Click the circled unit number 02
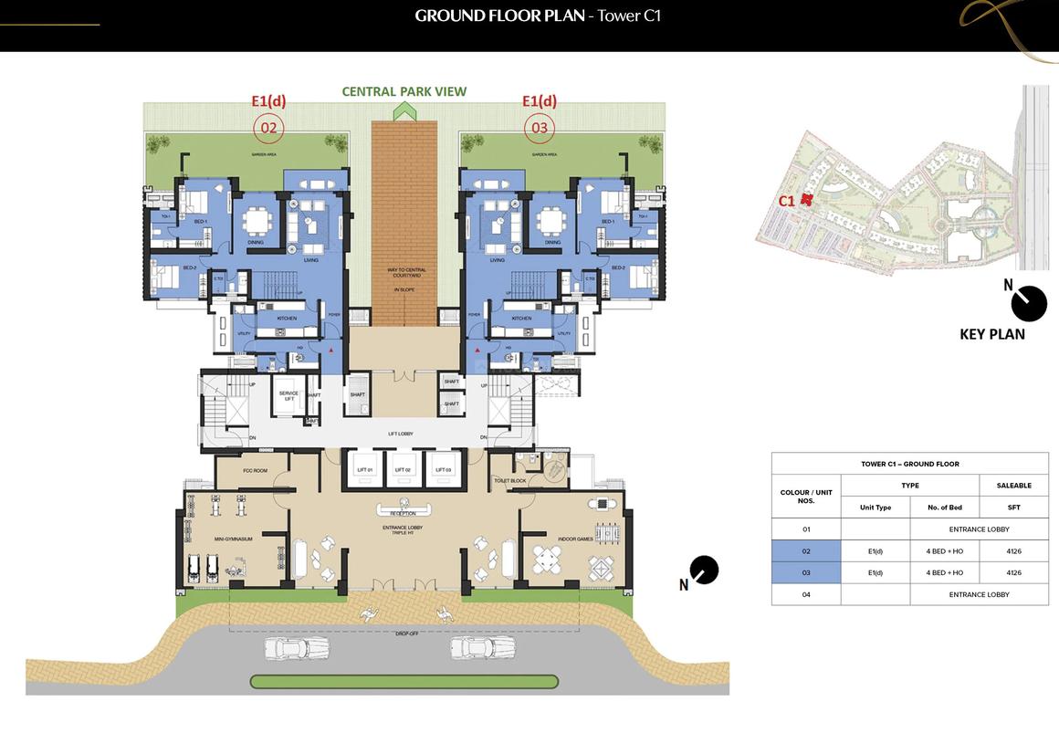tap(268, 128)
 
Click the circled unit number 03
tap(540, 128)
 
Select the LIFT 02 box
tap(402, 469)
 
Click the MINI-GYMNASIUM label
tap(234, 539)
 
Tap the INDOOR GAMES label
tap(572, 539)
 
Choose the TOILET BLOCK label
tap(509, 479)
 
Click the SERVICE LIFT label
tap(289, 396)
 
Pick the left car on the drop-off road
tap(296, 649)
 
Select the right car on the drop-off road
tap(483, 649)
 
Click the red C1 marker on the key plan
tap(805, 201)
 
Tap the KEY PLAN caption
tap(991, 334)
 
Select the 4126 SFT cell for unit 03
tap(1013, 572)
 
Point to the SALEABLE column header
tap(1013, 486)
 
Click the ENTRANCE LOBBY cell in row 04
tap(979, 594)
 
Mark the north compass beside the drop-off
tap(703, 571)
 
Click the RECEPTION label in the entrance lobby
tap(402, 513)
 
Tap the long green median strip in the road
tap(403, 681)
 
